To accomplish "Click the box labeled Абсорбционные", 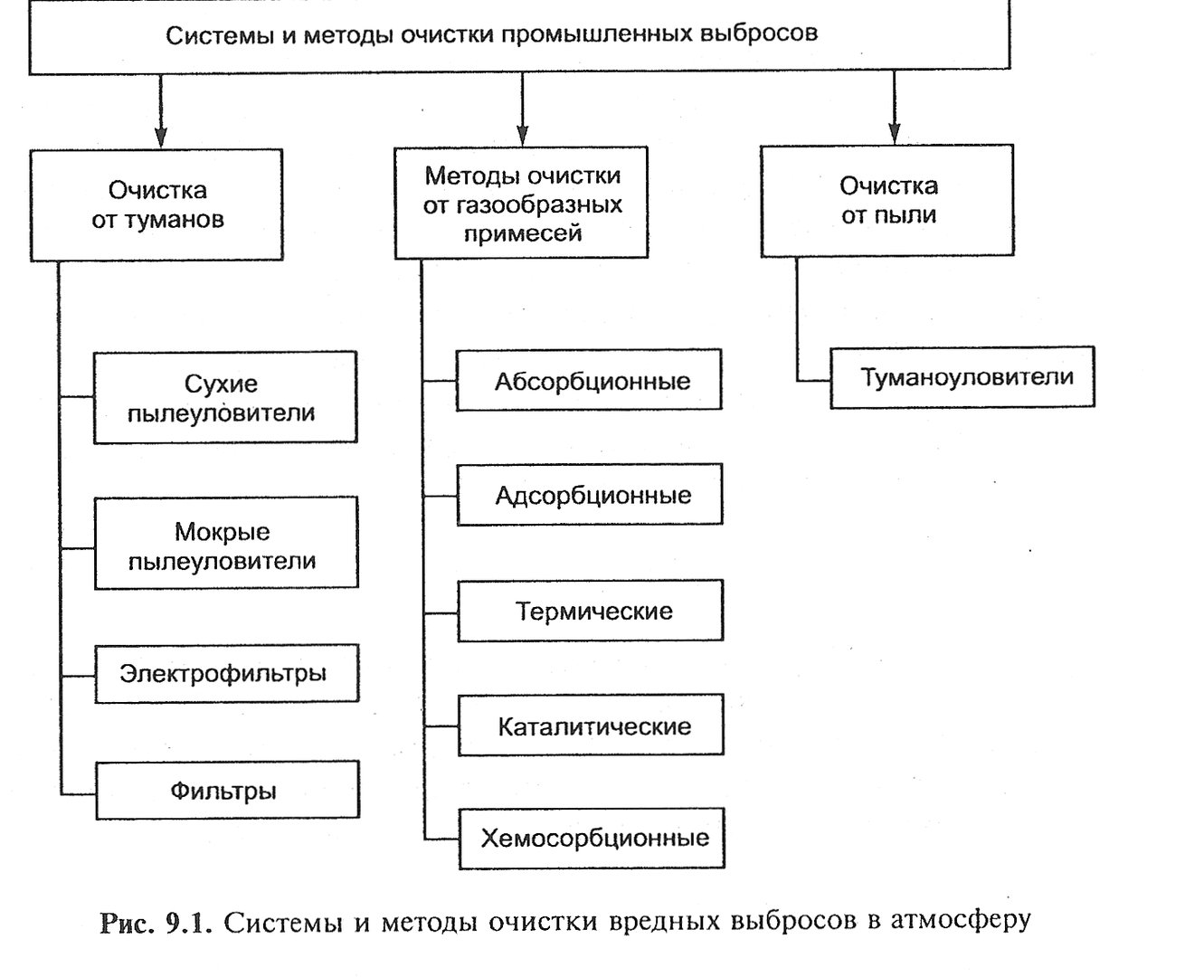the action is click(589, 380).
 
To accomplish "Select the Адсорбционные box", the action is click(590, 495).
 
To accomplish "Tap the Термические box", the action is click(590, 611).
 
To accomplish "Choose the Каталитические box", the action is click(591, 725).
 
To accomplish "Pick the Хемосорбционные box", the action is click(592, 839).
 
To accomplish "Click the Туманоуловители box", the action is click(962, 377).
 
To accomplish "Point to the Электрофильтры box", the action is click(227, 673).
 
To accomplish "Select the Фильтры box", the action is click(228, 790).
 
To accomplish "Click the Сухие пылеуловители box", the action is click(225, 397).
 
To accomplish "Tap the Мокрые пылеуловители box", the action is click(226, 544).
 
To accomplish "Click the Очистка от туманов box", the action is click(156, 205).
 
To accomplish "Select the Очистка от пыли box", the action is click(887, 201).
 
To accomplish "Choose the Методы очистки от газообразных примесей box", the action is click(522, 203).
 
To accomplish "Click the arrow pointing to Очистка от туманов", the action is click(161, 111).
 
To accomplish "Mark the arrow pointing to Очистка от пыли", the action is click(895, 108).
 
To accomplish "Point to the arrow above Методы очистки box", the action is click(523, 109).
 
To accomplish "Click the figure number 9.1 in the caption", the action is click(188, 924).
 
